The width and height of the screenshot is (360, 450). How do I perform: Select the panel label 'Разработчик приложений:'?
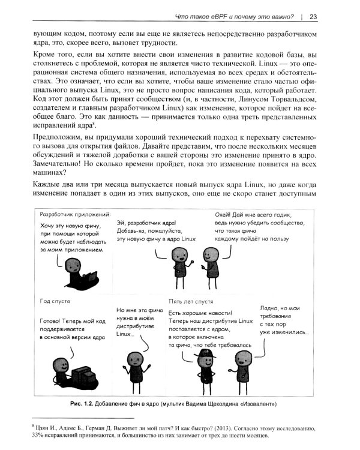pos(74,214)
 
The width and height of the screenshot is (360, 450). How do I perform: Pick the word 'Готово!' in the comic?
pos(52,321)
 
